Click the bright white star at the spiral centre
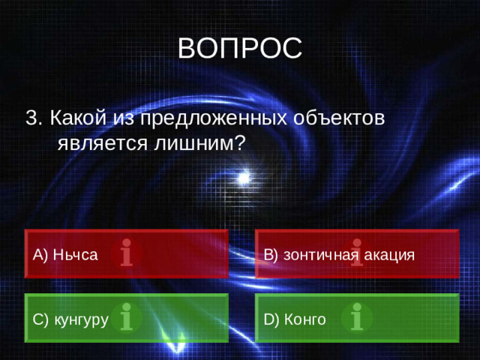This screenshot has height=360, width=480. pos(243,178)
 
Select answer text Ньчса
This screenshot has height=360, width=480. pos(75,254)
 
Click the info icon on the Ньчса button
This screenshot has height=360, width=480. pos(127,254)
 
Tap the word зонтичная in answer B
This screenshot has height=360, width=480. pos(320,254)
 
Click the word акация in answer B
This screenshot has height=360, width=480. pos(389,254)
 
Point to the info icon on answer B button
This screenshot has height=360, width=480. pos(357,254)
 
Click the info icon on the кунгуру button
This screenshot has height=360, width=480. pos(127,317)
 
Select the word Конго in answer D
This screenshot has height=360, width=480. pos(305,320)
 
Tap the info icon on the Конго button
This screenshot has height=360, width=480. pos(357,317)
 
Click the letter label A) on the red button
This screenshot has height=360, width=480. pos(40,254)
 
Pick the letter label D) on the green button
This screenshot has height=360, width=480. pos(271,320)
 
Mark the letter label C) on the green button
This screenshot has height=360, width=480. pos(40,320)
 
